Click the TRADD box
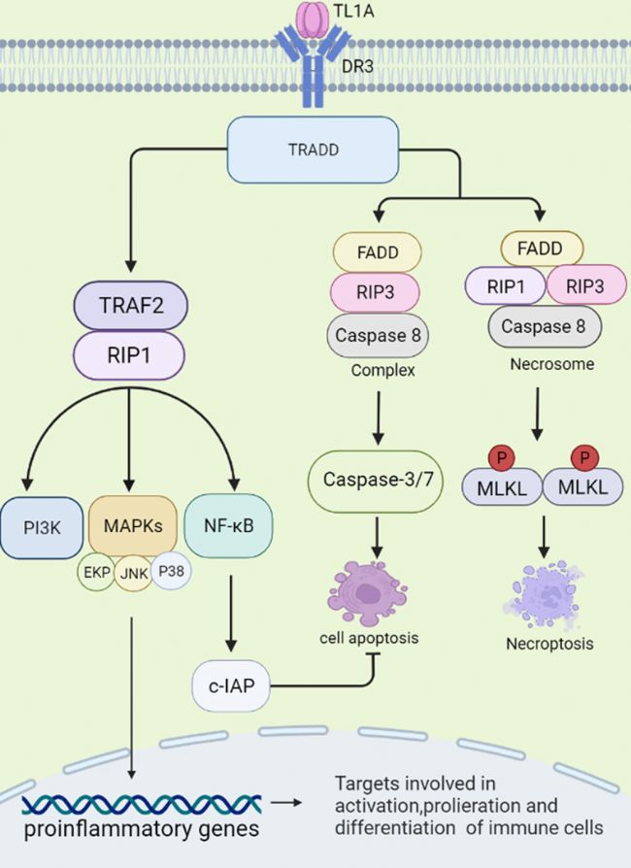(x=313, y=150)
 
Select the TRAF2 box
(x=131, y=306)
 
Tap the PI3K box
(x=42, y=527)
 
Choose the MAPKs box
(x=133, y=525)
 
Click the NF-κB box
(x=228, y=525)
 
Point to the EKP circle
(x=96, y=572)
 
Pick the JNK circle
(x=133, y=574)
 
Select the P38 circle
(x=171, y=570)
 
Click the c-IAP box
(x=231, y=685)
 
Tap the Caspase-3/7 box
(x=376, y=481)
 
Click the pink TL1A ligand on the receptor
(x=314, y=19)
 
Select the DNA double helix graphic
(x=142, y=804)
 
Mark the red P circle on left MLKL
(x=502, y=458)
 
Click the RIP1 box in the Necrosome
(x=506, y=286)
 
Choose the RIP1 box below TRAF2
(x=129, y=355)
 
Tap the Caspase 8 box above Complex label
(x=378, y=336)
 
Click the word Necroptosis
(x=549, y=644)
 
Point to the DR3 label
(x=357, y=67)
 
